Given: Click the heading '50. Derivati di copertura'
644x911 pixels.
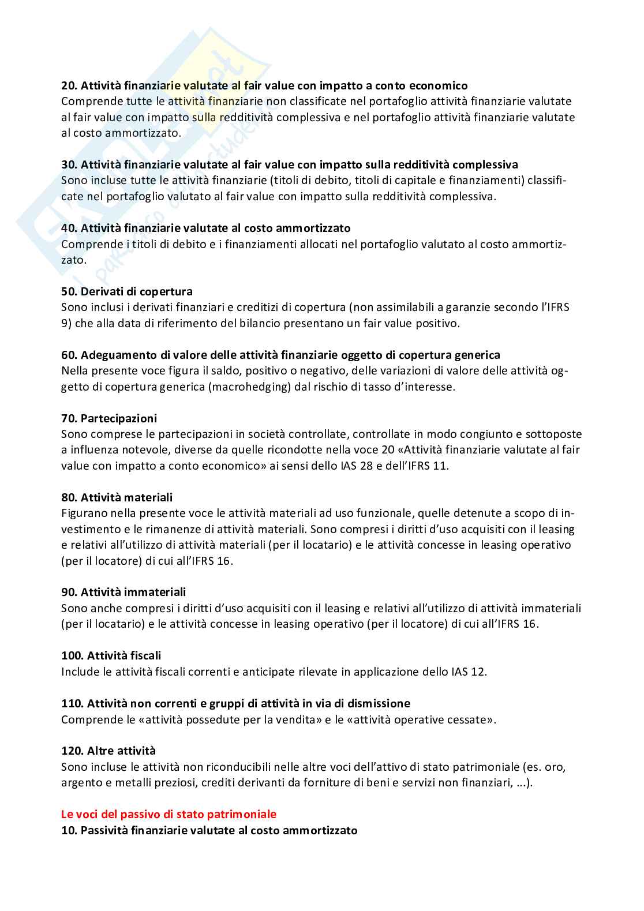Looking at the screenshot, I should [127, 291].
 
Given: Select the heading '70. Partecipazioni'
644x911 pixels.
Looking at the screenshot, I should [109, 418].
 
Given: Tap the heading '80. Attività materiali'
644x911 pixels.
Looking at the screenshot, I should [117, 497].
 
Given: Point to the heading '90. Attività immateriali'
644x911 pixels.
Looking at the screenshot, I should [123, 592].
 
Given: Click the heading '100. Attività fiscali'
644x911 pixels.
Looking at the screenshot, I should [111, 655].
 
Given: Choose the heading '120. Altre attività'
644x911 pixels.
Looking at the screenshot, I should [108, 751].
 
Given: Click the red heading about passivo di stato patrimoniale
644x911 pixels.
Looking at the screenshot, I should [169, 814].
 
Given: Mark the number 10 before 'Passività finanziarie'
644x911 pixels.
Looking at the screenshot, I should [68, 830].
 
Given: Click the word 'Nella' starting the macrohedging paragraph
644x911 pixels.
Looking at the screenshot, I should [74, 370].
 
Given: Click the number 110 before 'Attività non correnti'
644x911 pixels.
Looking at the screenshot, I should [71, 703].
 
